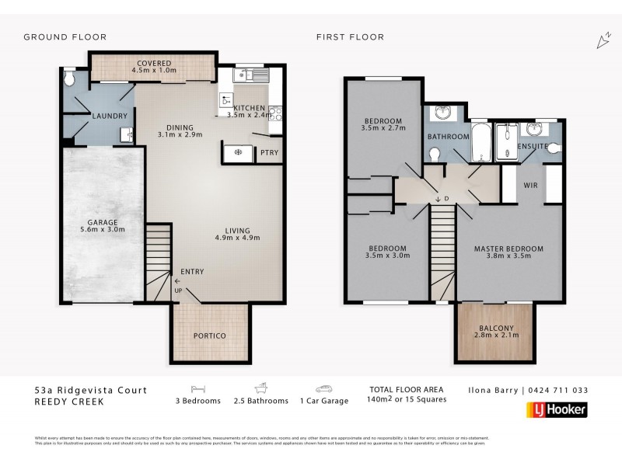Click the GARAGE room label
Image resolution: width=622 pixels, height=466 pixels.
click(103, 221)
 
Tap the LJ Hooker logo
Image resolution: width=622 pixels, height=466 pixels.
click(557, 409)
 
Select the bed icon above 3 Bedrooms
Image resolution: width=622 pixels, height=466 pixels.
click(197, 388)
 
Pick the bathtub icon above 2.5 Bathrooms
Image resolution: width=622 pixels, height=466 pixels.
click(260, 388)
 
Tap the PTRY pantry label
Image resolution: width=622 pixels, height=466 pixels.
click(270, 152)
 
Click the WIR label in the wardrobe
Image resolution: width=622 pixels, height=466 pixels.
click(532, 186)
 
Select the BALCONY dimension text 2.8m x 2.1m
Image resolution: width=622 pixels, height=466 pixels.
click(495, 336)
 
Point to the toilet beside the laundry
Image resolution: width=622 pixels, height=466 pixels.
click(70, 79)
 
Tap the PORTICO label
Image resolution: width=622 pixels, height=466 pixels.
click(209, 336)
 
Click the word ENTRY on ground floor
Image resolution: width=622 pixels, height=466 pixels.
click(192, 271)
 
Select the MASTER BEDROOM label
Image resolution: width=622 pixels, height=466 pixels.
click(508, 249)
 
